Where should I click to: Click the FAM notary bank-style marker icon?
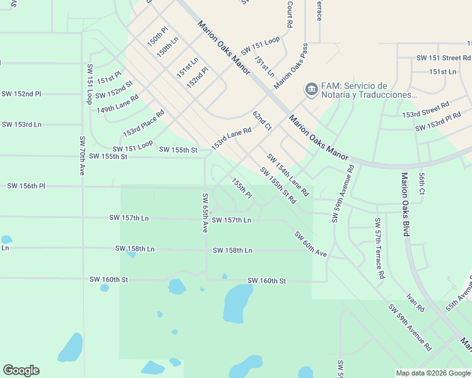point(310,89)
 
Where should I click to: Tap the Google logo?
point(21,370)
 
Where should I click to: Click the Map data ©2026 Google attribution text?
point(432,373)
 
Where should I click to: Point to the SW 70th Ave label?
point(82,156)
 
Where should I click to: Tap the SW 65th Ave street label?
point(205,213)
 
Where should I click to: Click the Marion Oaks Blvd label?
point(405,205)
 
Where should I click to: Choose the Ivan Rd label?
point(415,301)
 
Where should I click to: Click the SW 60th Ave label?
point(310,244)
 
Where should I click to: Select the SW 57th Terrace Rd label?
point(379,248)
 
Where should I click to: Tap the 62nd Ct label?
point(262,121)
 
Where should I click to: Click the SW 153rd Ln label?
point(21,124)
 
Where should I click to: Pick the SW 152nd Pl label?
point(21,93)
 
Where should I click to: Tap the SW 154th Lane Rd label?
point(287,175)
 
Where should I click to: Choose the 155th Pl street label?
point(242,188)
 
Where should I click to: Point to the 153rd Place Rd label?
point(143,123)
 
